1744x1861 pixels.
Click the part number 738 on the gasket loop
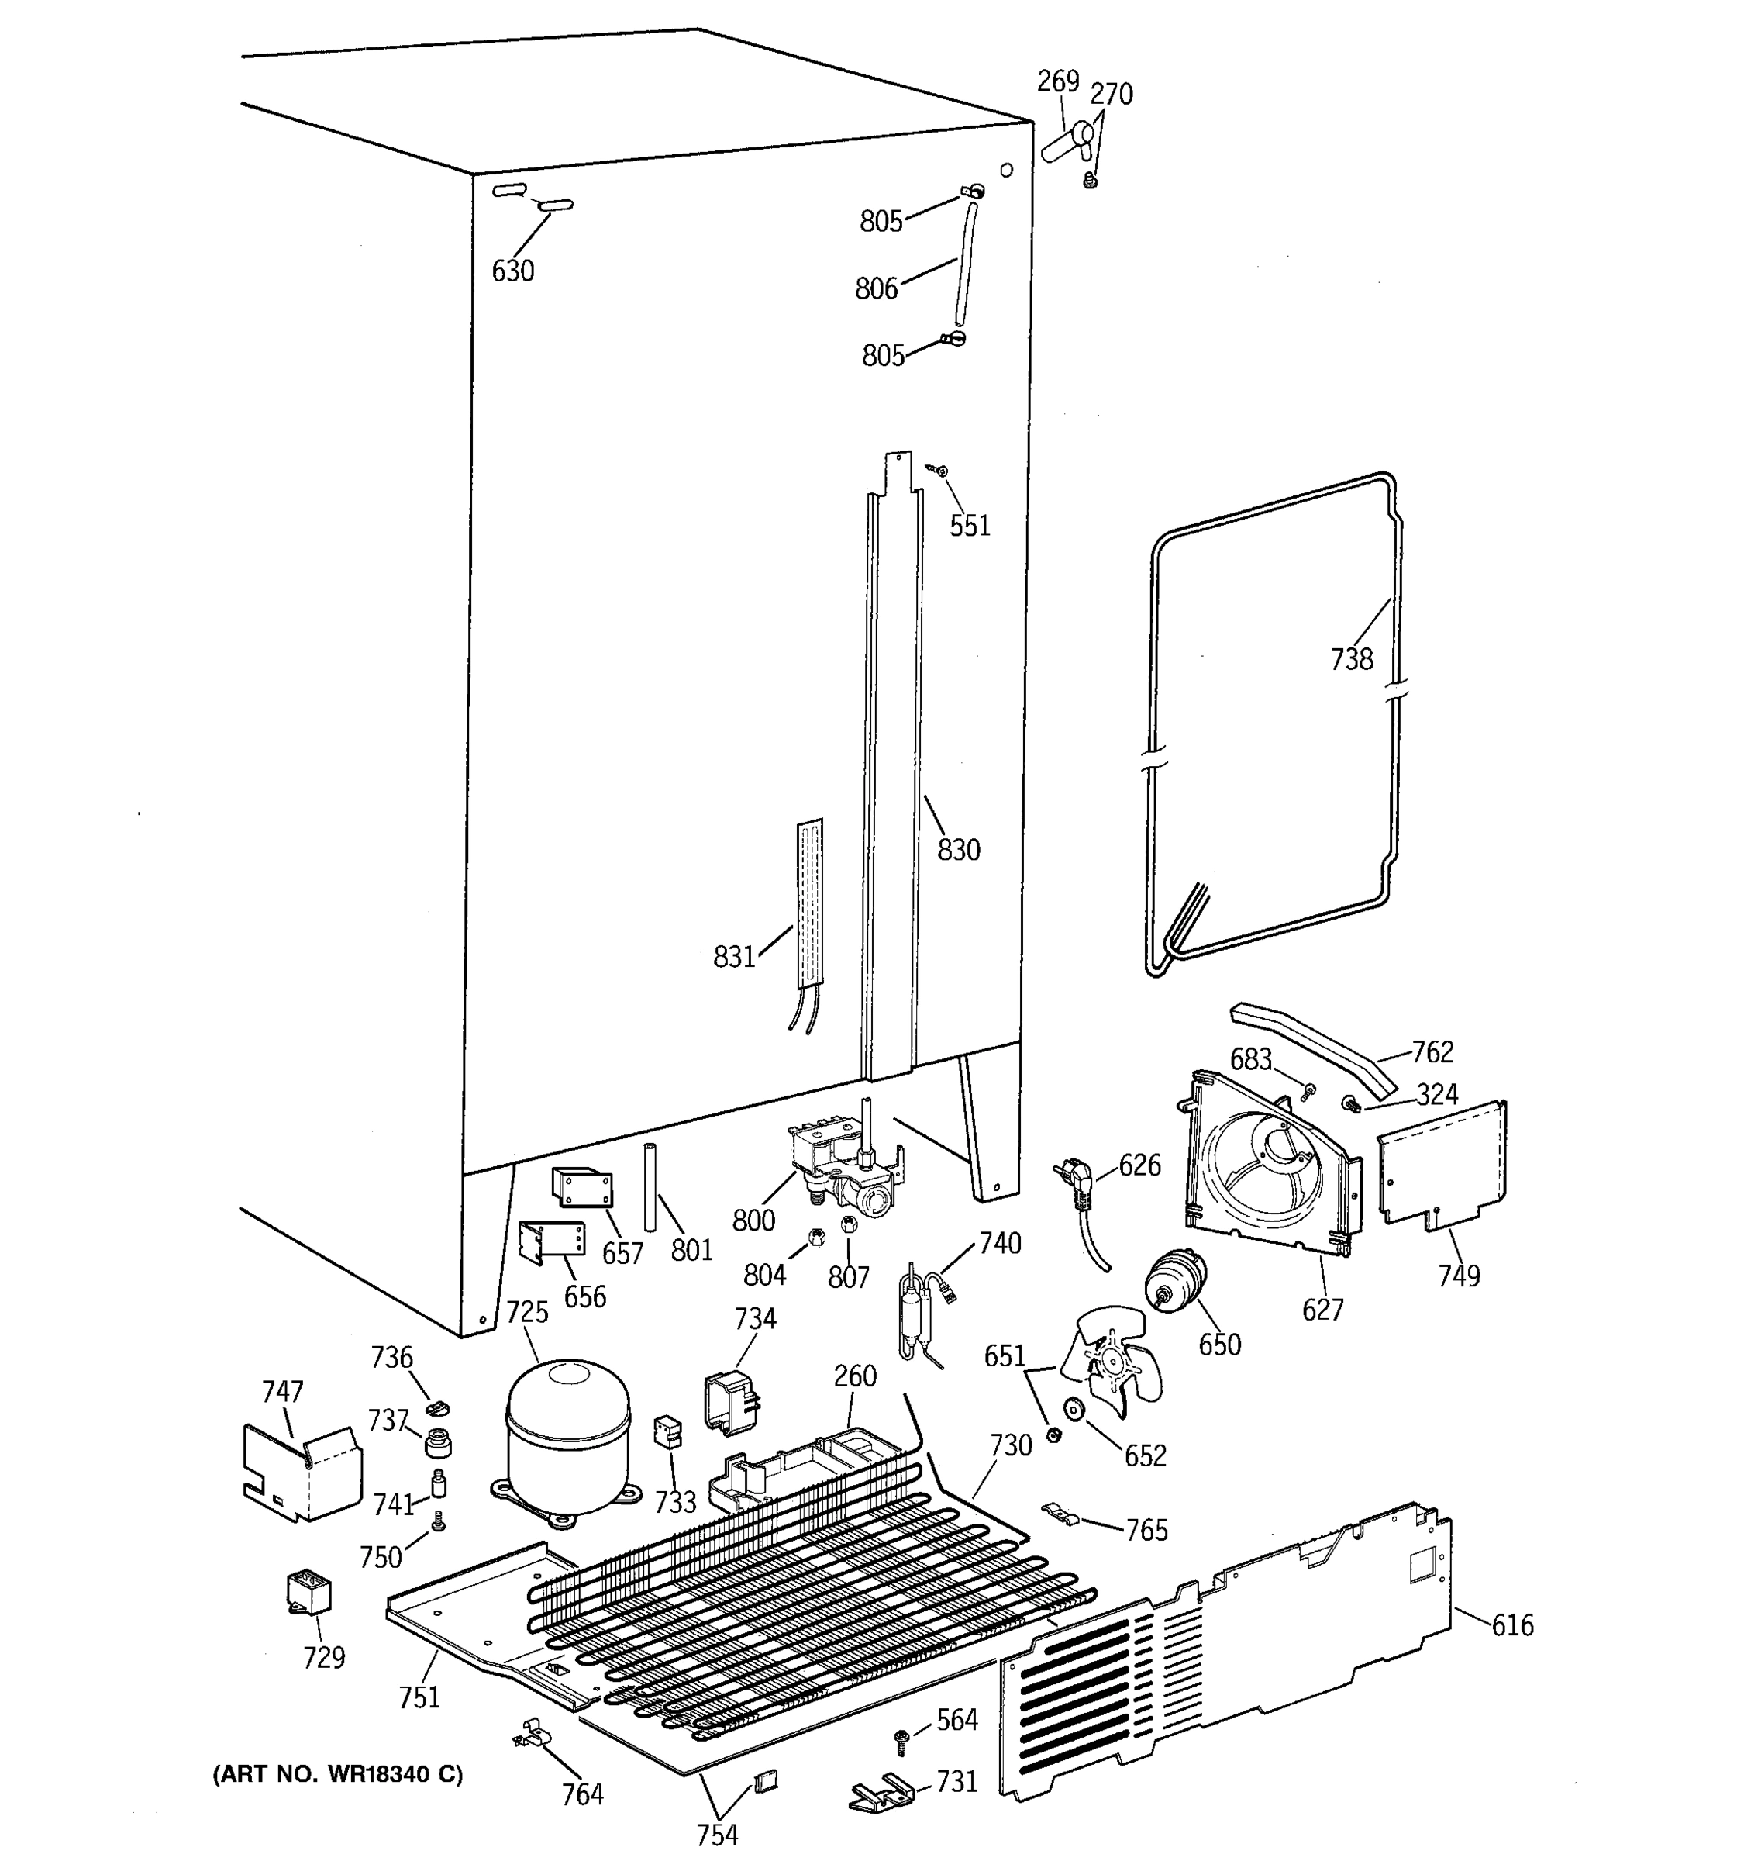pos(1351,659)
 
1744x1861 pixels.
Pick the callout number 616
pos(1512,1626)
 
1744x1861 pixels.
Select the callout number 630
pos(512,271)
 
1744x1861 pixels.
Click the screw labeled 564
pos(904,1739)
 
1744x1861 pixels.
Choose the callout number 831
pos(733,957)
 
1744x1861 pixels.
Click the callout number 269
pos(1057,82)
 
